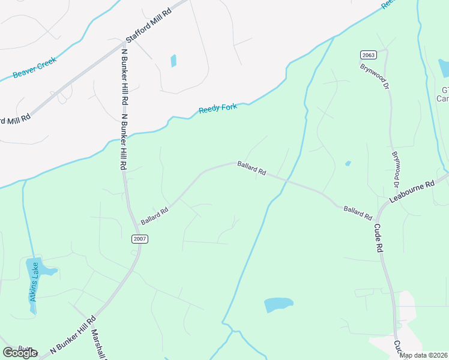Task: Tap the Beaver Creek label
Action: (x=35, y=68)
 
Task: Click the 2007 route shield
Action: (x=140, y=239)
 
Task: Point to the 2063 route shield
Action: (x=368, y=55)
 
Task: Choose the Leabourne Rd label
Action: (x=411, y=192)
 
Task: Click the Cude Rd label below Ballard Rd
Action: (x=379, y=238)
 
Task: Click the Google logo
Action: (x=20, y=352)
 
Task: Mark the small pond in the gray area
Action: (x=173, y=61)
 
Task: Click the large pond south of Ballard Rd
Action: (x=279, y=305)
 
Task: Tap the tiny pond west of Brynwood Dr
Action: (x=348, y=163)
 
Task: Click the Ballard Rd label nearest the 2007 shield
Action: (x=154, y=213)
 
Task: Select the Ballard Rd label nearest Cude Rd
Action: (x=358, y=212)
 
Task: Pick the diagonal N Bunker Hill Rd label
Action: (x=73, y=334)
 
